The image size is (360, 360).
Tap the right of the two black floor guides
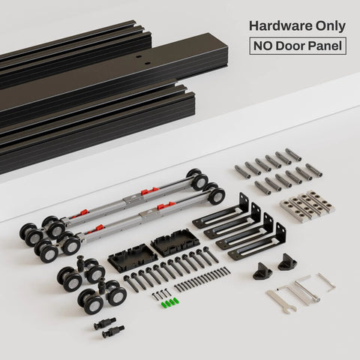[x=287, y=262]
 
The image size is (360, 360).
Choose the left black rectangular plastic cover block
[x=132, y=258]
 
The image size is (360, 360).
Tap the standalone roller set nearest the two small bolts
[x=102, y=297]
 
